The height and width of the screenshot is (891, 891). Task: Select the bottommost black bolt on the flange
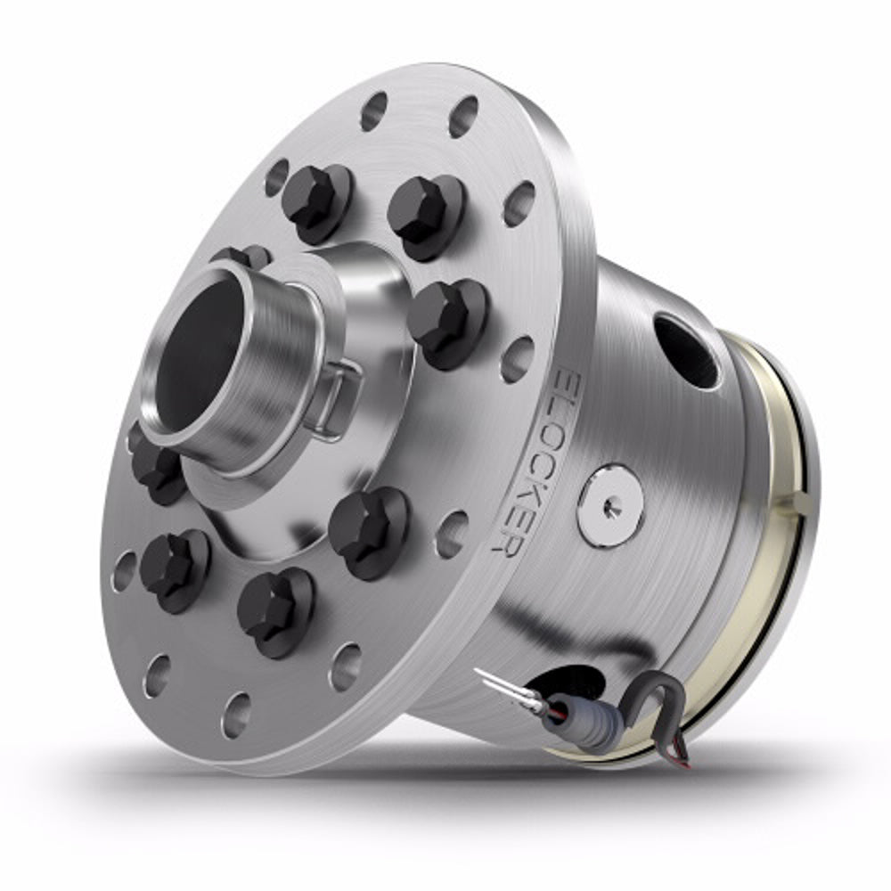click(274, 611)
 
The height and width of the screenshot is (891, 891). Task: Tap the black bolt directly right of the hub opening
click(445, 321)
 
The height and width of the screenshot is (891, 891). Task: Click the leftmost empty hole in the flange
click(124, 570)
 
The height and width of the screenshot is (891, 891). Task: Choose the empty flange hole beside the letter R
click(453, 533)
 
